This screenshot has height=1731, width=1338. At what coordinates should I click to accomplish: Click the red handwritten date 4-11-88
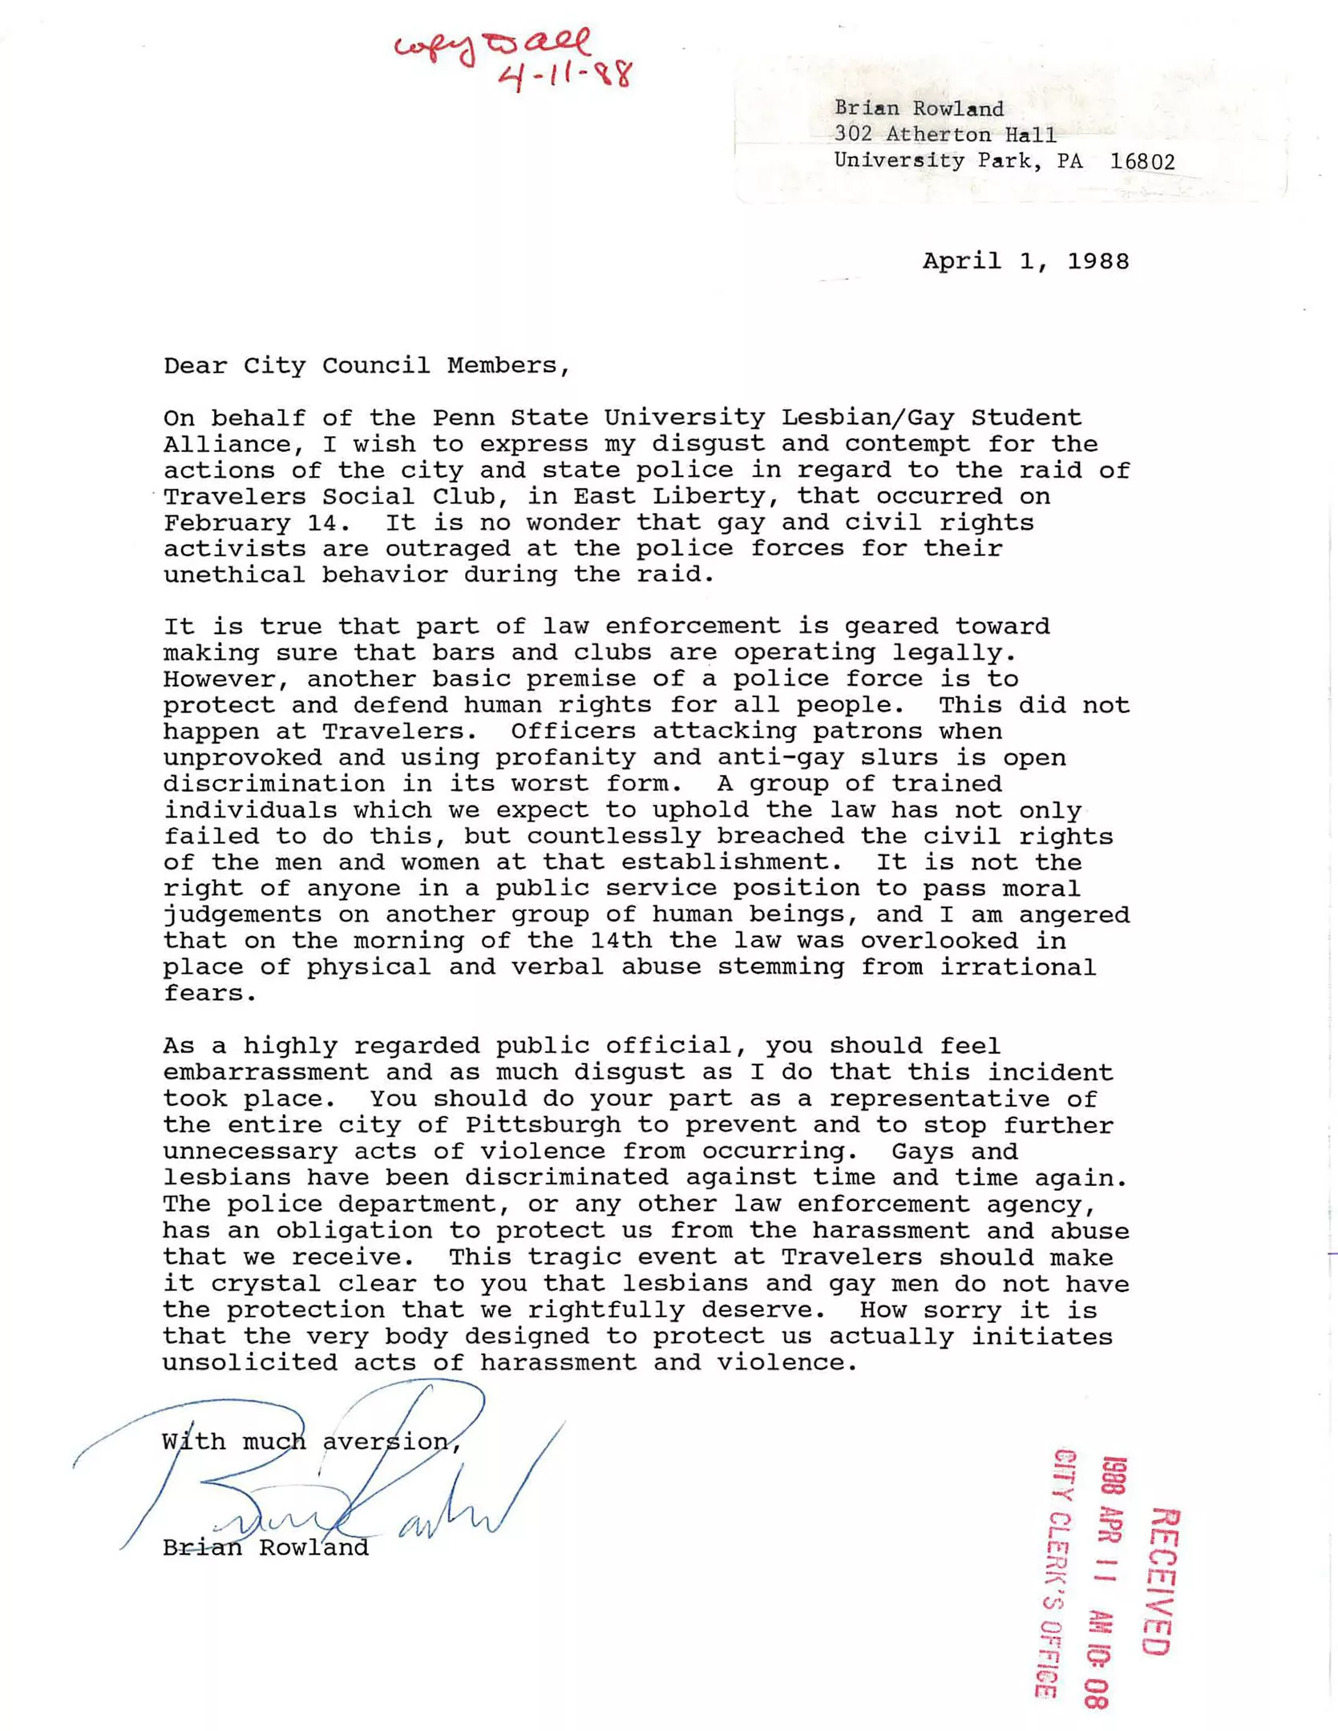pos(565,75)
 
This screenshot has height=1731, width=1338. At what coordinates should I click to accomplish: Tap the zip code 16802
pos(1142,162)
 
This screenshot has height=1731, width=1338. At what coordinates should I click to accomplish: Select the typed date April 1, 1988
pos(1025,261)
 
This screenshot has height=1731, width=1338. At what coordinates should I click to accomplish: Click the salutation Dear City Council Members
pos(366,365)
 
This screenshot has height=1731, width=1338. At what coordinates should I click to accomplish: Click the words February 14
pos(256,523)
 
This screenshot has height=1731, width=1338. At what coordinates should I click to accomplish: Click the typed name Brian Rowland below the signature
pos(265,1547)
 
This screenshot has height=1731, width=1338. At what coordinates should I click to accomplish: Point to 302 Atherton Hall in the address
pos(945,135)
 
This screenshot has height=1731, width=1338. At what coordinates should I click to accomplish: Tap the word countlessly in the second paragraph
pos(612,836)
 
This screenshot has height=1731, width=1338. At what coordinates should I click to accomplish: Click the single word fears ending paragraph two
pos(209,993)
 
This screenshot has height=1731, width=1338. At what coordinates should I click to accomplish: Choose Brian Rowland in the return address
pos(919,108)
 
